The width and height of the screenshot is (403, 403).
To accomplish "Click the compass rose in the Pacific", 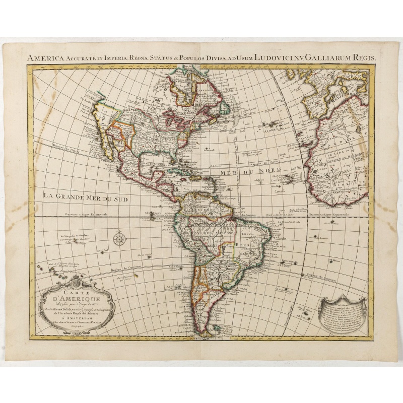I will pyautogui.click(x=119, y=238).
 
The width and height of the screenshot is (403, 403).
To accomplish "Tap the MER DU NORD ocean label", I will pyautogui.click(x=244, y=172).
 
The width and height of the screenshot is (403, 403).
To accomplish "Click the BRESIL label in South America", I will pyautogui.click(x=242, y=245).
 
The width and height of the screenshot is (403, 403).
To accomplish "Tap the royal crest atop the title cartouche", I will pyautogui.click(x=76, y=280).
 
